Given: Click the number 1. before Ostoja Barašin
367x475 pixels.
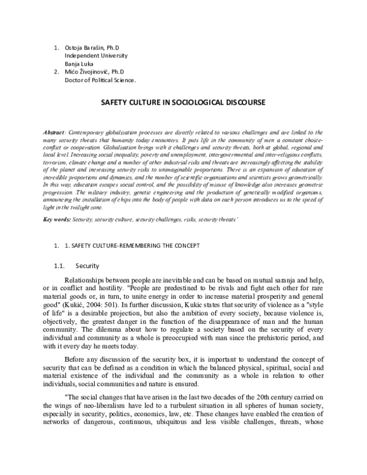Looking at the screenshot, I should coord(56,47).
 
